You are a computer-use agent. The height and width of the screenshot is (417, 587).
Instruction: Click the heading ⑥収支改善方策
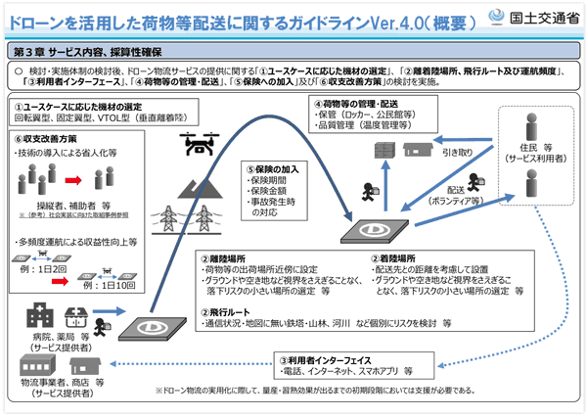pos(49,140)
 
